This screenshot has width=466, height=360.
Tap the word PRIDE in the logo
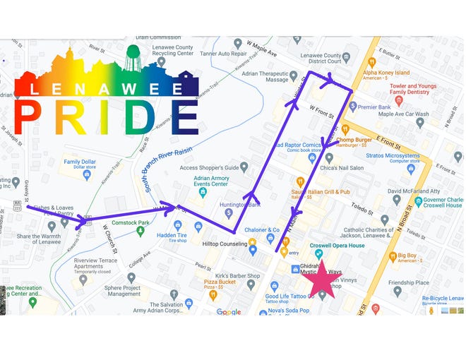[106, 116]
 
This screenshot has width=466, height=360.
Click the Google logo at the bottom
[228, 311]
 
